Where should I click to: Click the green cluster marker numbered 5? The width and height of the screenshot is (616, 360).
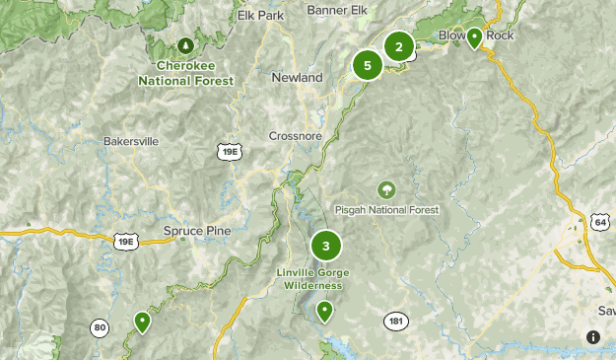[367, 66]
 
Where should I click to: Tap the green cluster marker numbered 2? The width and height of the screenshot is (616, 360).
[398, 46]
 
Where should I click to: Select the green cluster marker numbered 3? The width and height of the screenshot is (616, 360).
[325, 246]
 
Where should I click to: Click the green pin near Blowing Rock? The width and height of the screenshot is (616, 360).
[474, 37]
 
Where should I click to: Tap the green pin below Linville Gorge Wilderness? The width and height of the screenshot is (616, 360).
[324, 312]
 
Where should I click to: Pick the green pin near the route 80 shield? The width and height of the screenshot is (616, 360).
[143, 321]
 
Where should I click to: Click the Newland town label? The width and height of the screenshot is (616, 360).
[297, 77]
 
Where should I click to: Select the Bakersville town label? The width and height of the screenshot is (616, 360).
[130, 141]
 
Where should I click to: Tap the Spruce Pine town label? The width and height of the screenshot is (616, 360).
[196, 231]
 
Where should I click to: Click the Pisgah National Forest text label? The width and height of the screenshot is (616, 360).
[387, 209]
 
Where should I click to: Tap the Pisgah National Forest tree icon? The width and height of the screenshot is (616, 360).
[386, 188]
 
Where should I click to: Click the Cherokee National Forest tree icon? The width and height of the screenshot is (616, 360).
[185, 45]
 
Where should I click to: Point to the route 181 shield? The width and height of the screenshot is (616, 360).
[396, 322]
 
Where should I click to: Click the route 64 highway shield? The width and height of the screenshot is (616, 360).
[599, 222]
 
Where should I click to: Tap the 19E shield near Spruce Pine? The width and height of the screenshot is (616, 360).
[126, 241]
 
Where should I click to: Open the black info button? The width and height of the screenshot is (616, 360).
[592, 336]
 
